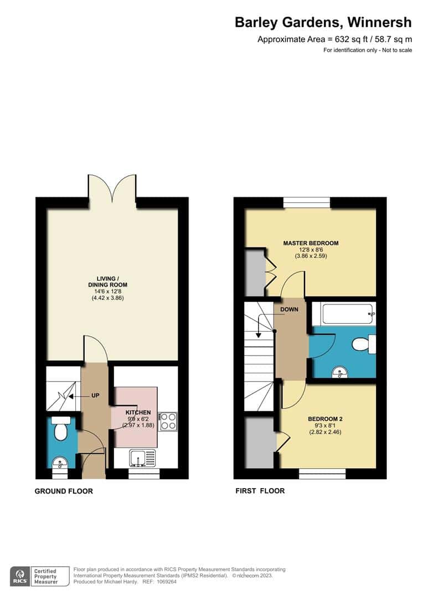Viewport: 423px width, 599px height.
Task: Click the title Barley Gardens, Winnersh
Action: (x=323, y=22)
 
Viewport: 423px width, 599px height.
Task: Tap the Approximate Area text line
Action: (x=334, y=39)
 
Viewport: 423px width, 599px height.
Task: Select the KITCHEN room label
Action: (x=138, y=413)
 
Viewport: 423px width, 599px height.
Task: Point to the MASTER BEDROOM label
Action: (x=311, y=243)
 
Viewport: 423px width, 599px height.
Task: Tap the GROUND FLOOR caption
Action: (x=64, y=491)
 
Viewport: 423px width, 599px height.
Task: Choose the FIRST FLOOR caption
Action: (x=260, y=491)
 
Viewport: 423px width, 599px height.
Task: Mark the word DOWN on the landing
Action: (x=289, y=309)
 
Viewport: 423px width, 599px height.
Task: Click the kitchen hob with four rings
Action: (x=168, y=422)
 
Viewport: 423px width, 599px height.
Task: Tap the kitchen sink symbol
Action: (x=143, y=458)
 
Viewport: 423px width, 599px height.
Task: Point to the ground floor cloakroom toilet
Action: (x=61, y=428)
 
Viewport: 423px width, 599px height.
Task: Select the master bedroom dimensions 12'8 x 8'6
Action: (x=311, y=250)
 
